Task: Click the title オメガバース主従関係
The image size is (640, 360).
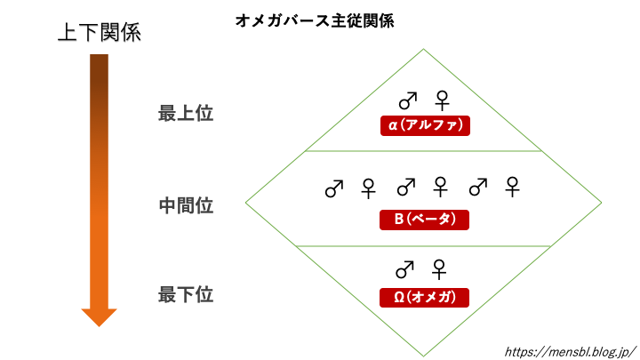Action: [316, 19]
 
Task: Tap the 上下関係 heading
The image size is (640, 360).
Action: [99, 33]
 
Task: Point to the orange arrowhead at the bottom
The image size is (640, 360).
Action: [99, 316]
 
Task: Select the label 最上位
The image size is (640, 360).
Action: [186, 114]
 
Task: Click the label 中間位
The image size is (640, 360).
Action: [186, 205]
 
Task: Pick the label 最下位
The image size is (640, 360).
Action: [186, 293]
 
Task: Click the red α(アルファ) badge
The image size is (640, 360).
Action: [423, 125]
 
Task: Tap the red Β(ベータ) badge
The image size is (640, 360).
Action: [423, 219]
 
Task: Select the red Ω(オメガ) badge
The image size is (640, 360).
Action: [423, 297]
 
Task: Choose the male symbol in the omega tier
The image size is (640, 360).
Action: [404, 268]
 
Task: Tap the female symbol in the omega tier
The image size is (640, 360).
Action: [438, 268]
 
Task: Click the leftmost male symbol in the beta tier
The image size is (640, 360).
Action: [333, 188]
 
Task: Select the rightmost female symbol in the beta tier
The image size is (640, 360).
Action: [512, 188]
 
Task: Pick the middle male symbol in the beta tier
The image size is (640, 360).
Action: [405, 188]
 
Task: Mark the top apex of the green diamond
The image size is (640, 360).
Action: [423, 49]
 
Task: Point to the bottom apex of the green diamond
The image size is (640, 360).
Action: [423, 355]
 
